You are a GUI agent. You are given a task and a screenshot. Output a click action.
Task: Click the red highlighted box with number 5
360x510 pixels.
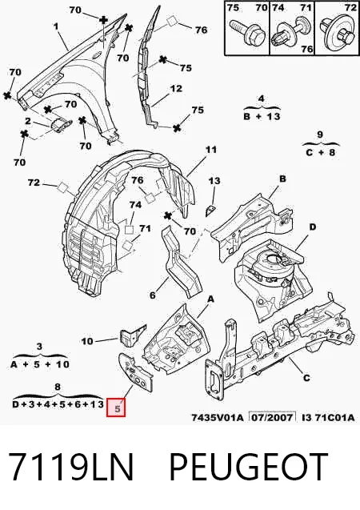pyautogui.click(x=116, y=407)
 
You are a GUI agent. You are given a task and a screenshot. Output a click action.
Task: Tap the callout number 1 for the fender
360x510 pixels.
pyautogui.click(x=56, y=26)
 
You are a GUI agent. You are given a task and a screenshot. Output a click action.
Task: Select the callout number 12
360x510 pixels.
pyautogui.click(x=176, y=88)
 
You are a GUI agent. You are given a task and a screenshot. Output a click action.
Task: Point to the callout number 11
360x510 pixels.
pyautogui.click(x=210, y=150)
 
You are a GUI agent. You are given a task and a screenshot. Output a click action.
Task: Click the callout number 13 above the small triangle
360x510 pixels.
pyautogui.click(x=214, y=181)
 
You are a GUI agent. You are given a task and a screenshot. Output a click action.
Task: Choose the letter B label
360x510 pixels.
pyautogui.click(x=282, y=179)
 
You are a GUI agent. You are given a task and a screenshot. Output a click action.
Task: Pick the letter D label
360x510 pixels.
pyautogui.click(x=312, y=227)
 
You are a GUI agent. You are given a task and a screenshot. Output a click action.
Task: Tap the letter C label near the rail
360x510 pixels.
pyautogui.click(x=306, y=378)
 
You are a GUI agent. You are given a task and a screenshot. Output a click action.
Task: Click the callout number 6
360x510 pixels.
pyautogui.click(x=153, y=295)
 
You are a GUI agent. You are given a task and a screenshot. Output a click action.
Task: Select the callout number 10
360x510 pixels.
pyautogui.click(x=86, y=341)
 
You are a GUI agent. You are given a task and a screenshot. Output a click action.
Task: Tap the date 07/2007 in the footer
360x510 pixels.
pyautogui.click(x=272, y=417)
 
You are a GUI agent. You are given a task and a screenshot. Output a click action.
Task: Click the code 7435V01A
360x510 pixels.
pyautogui.click(x=217, y=417)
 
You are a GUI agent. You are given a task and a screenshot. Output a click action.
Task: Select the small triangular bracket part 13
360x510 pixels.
pyautogui.click(x=211, y=211)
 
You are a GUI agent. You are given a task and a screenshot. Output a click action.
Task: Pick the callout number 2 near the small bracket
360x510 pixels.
pyautogui.click(x=28, y=122)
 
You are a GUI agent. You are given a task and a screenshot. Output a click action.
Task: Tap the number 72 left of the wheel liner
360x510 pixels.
pyautogui.click(x=34, y=183)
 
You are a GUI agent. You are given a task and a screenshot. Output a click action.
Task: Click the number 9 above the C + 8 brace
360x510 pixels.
pyautogui.click(x=320, y=135)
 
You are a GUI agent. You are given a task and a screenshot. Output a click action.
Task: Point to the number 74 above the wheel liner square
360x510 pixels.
pyautogui.click(x=135, y=205)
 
